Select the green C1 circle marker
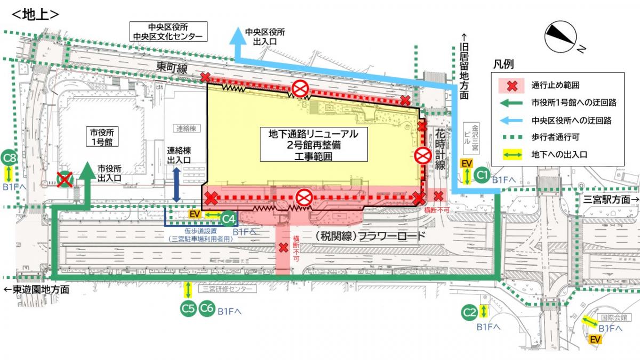point(482,175)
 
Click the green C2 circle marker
point(469,312)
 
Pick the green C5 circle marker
point(188,308)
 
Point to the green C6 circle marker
point(207,308)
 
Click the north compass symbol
point(561,36)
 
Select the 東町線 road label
point(172,68)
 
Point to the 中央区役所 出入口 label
point(260,36)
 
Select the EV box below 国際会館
point(595,339)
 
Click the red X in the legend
point(511,85)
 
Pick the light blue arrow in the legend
point(511,120)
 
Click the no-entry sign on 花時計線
point(423,156)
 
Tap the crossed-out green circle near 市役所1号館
point(65,180)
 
